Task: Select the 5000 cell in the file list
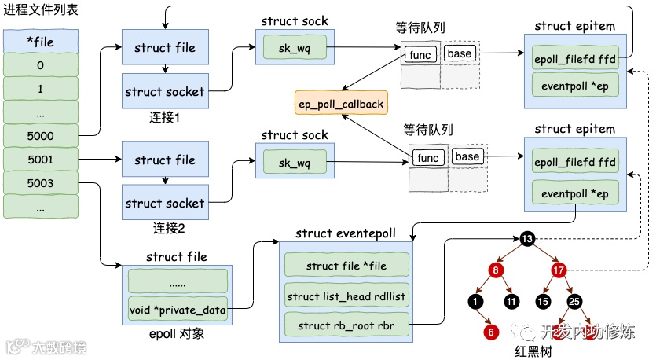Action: (41, 137)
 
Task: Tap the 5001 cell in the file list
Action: (41, 160)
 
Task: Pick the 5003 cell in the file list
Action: (41, 184)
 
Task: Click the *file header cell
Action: (41, 41)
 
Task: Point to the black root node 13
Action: (526, 238)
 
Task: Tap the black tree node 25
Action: (574, 300)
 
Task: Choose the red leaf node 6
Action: (491, 332)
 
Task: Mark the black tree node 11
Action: (511, 300)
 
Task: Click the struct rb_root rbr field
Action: (346, 324)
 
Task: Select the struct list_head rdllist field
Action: (346, 296)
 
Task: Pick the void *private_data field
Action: (178, 310)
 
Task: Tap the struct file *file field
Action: (346, 266)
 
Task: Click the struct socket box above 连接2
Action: (165, 204)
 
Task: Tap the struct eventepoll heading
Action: (346, 234)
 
